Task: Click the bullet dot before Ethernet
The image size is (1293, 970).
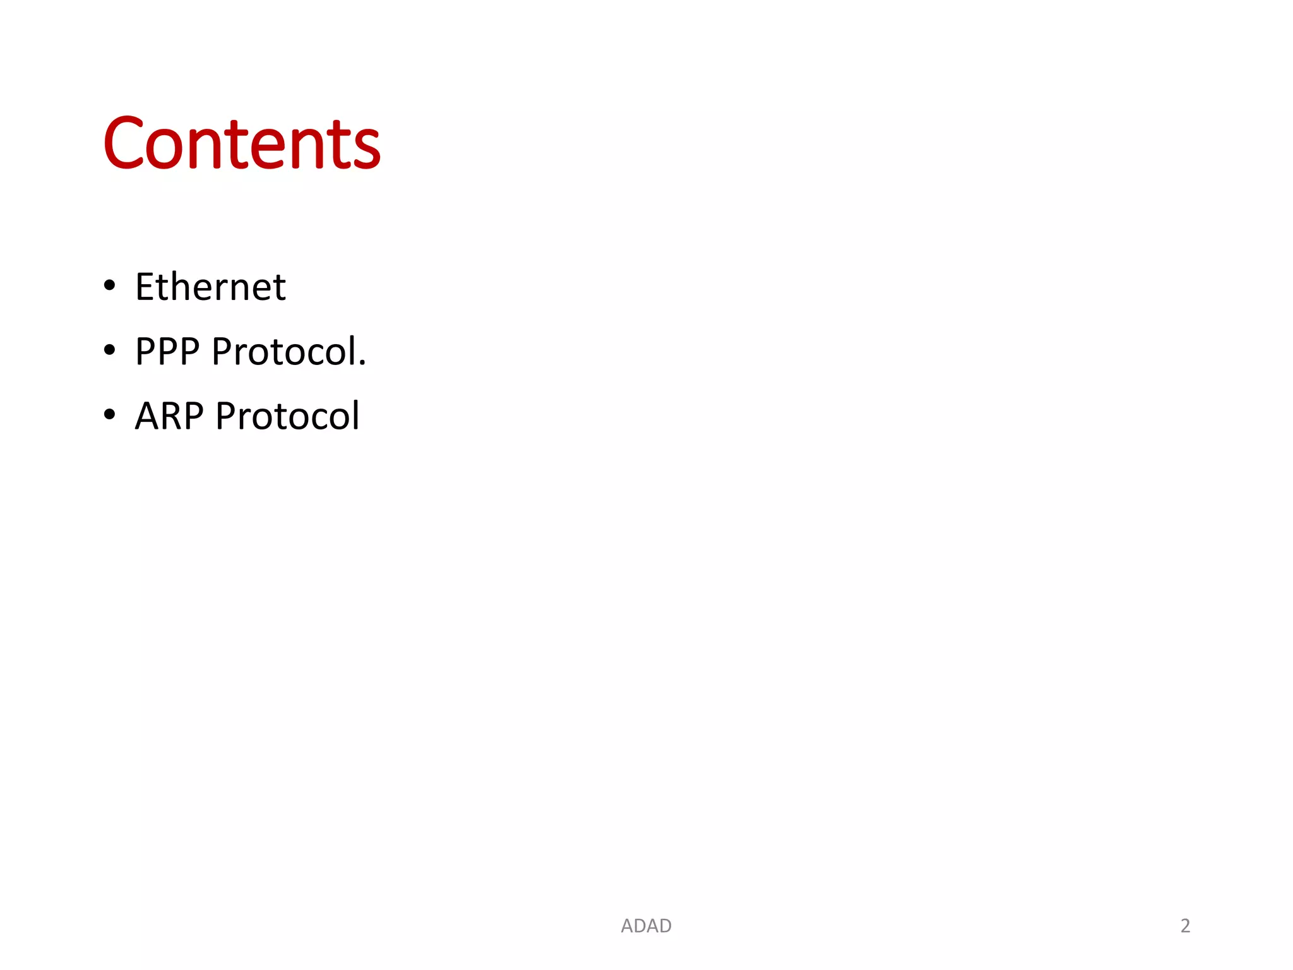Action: coord(110,285)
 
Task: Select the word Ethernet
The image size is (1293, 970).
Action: coord(210,287)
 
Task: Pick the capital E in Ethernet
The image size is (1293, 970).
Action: coord(146,287)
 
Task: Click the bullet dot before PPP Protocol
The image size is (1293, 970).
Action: coord(110,350)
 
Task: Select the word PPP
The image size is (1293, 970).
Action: coord(167,351)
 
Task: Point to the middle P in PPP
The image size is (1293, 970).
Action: coord(168,351)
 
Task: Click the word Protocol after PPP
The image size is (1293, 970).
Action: coord(284,351)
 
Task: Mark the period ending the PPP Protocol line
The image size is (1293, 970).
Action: coord(362,363)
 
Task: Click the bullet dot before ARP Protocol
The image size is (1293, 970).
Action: coord(110,414)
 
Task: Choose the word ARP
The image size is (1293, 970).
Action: coord(169,416)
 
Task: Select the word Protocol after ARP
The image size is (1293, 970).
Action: coord(287,416)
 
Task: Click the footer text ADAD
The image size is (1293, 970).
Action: coord(646,926)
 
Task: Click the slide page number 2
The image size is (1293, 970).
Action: coord(1185,926)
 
